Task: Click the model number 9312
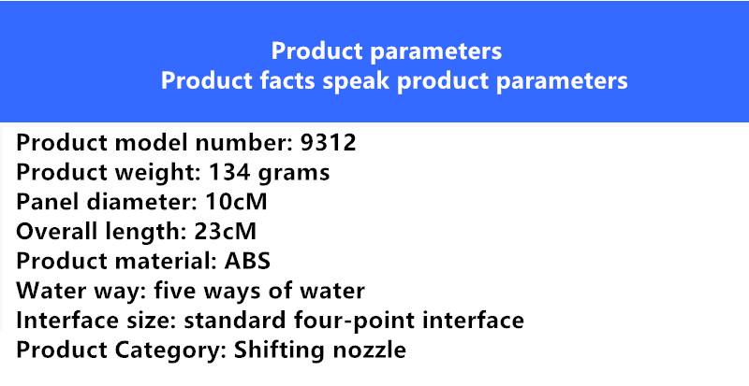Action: [329, 142]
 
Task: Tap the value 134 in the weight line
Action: [229, 172]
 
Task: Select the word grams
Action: [294, 174]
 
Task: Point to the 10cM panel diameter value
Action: [236, 201]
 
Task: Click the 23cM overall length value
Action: [225, 231]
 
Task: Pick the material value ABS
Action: [247, 261]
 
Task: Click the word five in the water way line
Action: [174, 290]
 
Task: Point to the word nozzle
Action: [369, 350]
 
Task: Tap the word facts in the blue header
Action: [287, 80]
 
